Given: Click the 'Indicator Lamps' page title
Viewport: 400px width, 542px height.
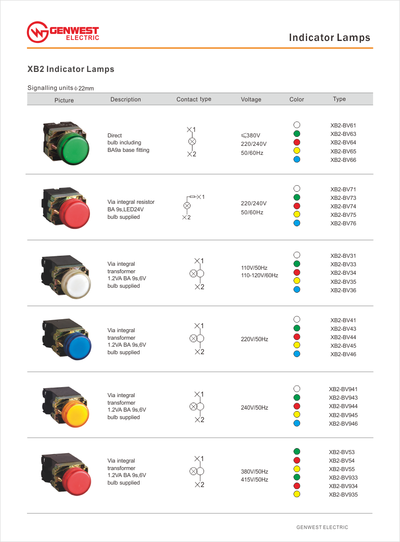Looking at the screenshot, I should pos(329,37).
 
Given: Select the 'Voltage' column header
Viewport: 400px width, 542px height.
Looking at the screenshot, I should pos(251,99).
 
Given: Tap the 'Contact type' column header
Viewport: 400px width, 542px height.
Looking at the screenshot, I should pos(193,99).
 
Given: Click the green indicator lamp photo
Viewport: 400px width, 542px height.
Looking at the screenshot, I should pos(65,142).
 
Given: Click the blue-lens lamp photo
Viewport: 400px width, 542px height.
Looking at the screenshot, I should pos(65,339).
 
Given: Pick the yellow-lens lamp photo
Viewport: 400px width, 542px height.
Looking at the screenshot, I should pos(65,405).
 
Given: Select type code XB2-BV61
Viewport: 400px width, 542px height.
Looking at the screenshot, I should pos(343,125).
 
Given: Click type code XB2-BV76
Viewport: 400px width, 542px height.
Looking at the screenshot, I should pos(343,223).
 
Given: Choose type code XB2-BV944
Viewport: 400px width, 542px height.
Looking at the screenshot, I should pos(343,406).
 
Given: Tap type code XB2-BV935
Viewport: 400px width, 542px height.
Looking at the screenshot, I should pos(343,495).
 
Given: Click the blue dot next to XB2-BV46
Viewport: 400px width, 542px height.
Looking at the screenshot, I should pos(296,354).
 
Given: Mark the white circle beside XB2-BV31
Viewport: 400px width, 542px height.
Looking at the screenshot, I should pos(296,255).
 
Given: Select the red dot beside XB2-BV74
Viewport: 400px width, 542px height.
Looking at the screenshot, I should pos(296,206).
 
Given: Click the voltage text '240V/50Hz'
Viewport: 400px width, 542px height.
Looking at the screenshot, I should pos(254,408).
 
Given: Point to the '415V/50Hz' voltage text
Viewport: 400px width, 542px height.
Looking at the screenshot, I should pos(254,480).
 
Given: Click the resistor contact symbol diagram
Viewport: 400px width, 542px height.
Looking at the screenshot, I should pos(192,206).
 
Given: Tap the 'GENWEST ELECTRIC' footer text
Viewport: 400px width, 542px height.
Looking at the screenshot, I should pos(322,527).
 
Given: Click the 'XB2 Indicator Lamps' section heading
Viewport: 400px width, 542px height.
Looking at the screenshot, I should pos(70,69).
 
